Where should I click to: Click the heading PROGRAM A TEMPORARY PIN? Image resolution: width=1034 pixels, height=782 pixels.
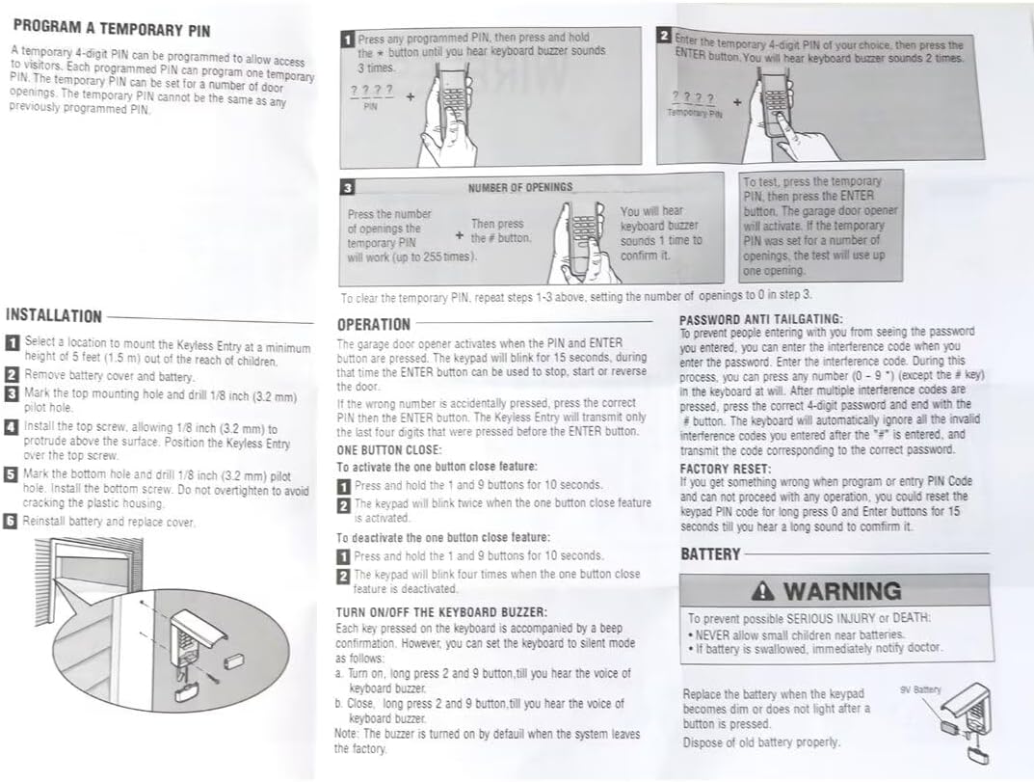tap(112, 29)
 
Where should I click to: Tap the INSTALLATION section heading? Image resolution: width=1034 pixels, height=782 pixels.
tap(54, 315)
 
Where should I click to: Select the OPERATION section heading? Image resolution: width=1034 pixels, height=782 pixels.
tap(374, 325)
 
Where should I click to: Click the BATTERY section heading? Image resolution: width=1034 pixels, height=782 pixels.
tap(710, 554)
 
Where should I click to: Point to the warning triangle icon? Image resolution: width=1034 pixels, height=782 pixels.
tap(766, 590)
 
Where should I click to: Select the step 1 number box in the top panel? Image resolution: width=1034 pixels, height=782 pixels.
tap(348, 40)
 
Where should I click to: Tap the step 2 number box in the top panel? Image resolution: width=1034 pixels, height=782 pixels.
tap(664, 36)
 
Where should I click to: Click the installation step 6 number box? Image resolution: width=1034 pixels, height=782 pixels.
tap(12, 521)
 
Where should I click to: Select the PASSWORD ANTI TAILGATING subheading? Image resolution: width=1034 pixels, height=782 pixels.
tap(761, 319)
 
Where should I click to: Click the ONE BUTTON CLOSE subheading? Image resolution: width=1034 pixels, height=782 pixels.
tap(389, 449)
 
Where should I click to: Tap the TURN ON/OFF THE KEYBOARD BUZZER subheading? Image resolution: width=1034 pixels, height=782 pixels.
tap(441, 612)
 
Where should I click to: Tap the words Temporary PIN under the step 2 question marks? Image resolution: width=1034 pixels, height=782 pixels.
tap(695, 113)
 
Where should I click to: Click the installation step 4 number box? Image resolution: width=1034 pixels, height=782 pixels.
tap(12, 427)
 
